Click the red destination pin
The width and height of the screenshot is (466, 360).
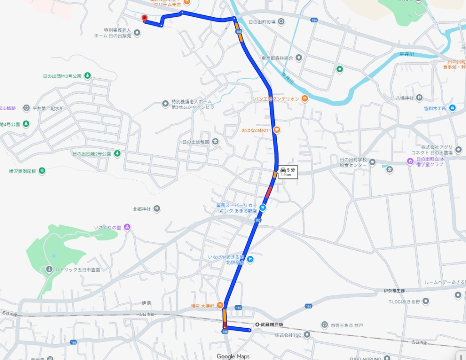[145, 18]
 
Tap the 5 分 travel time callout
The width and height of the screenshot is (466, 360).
[288, 172]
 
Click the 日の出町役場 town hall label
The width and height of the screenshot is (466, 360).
[263, 21]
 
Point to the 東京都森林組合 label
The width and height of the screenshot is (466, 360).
[277, 58]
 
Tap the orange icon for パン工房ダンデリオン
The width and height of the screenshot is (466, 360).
[304, 98]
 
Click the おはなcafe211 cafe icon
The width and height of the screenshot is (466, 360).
[276, 131]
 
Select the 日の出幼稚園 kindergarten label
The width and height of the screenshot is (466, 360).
[195, 142]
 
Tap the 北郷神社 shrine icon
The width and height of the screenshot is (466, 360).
[157, 209]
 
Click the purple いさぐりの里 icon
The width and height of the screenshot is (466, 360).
[127, 227]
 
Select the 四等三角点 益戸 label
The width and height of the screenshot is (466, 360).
[347, 325]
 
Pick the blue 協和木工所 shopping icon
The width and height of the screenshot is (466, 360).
[452, 108]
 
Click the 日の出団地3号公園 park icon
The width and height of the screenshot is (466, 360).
[87, 76]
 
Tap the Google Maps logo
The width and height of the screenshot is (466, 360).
[233, 356]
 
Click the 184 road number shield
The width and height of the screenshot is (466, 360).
[314, 20]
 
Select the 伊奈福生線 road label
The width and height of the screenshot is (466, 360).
[395, 290]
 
